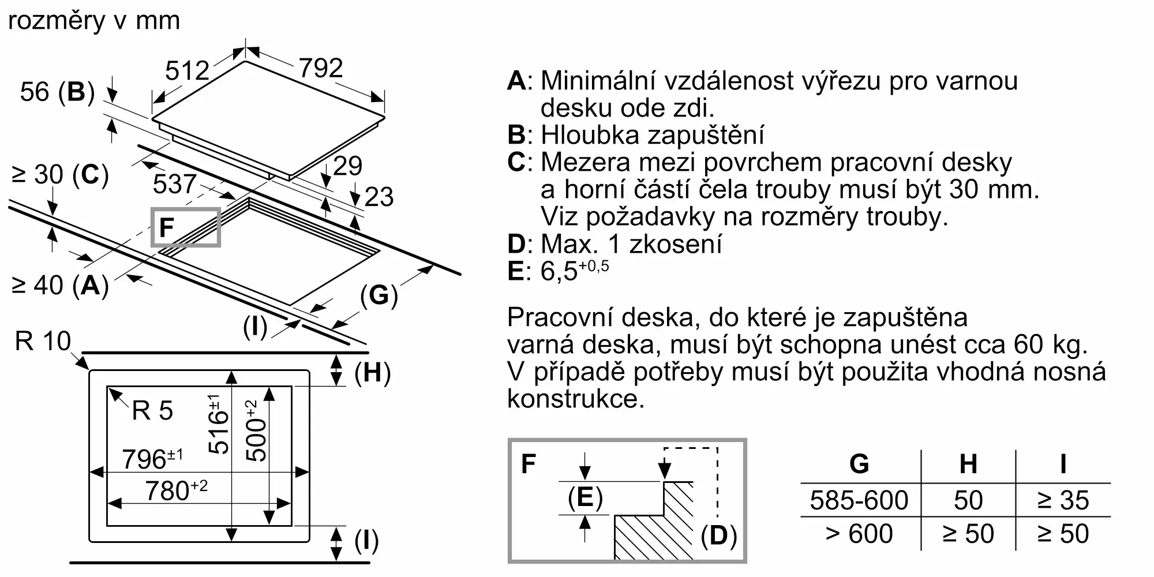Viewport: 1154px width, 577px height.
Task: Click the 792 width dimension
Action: tap(321, 68)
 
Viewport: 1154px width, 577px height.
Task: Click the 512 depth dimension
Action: tap(187, 70)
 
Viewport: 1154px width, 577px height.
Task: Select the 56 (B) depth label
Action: tap(57, 92)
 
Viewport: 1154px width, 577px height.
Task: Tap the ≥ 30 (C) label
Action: tap(60, 174)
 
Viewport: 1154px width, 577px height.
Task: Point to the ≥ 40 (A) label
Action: tap(60, 284)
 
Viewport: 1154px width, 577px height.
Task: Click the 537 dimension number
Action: tap(174, 184)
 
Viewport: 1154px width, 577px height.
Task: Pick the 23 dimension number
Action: tap(379, 197)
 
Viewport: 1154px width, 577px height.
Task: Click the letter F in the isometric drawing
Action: tap(166, 227)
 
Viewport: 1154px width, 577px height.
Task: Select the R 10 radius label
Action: tap(43, 341)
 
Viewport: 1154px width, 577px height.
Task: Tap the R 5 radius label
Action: tap(152, 411)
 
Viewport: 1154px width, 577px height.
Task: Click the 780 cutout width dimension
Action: tap(175, 490)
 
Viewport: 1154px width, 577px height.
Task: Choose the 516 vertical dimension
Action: tap(219, 424)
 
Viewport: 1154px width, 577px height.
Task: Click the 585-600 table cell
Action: tap(859, 500)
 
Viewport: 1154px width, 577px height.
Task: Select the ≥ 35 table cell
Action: tap(1063, 500)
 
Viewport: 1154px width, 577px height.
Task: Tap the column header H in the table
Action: tap(968, 464)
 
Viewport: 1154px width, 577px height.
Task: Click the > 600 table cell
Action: tap(859, 534)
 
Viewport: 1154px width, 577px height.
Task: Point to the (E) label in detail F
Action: tap(585, 497)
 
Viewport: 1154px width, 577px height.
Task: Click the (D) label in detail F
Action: tap(718, 535)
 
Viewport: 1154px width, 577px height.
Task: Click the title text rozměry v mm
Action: tap(94, 21)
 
